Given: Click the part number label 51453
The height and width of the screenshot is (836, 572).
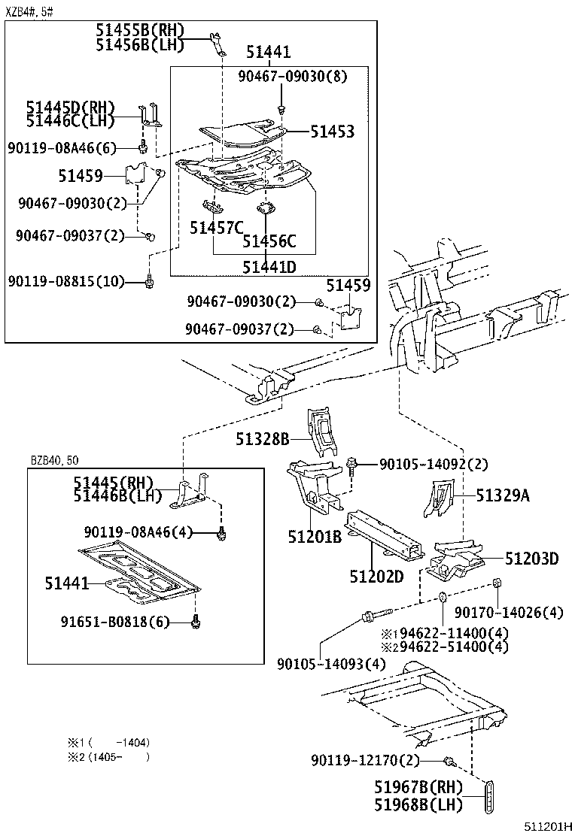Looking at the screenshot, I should pyautogui.click(x=332, y=132).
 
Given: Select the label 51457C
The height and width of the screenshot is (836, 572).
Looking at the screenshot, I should pyautogui.click(x=217, y=227).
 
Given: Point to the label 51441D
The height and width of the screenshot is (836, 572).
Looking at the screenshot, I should pyautogui.click(x=269, y=266).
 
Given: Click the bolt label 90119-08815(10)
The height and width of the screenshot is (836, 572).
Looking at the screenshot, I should pyautogui.click(x=67, y=281).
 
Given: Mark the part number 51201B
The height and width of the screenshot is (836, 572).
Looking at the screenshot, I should pyautogui.click(x=314, y=537).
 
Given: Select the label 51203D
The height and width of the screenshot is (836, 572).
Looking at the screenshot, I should pyautogui.click(x=531, y=558).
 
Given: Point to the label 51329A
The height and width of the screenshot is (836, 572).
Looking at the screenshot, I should pyautogui.click(x=502, y=495).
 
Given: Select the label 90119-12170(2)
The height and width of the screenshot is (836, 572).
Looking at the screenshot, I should pyautogui.click(x=366, y=761).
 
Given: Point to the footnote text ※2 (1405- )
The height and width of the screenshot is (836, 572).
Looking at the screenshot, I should pyautogui.click(x=109, y=756).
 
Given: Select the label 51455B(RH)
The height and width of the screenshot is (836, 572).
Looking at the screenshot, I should pyautogui.click(x=140, y=30).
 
